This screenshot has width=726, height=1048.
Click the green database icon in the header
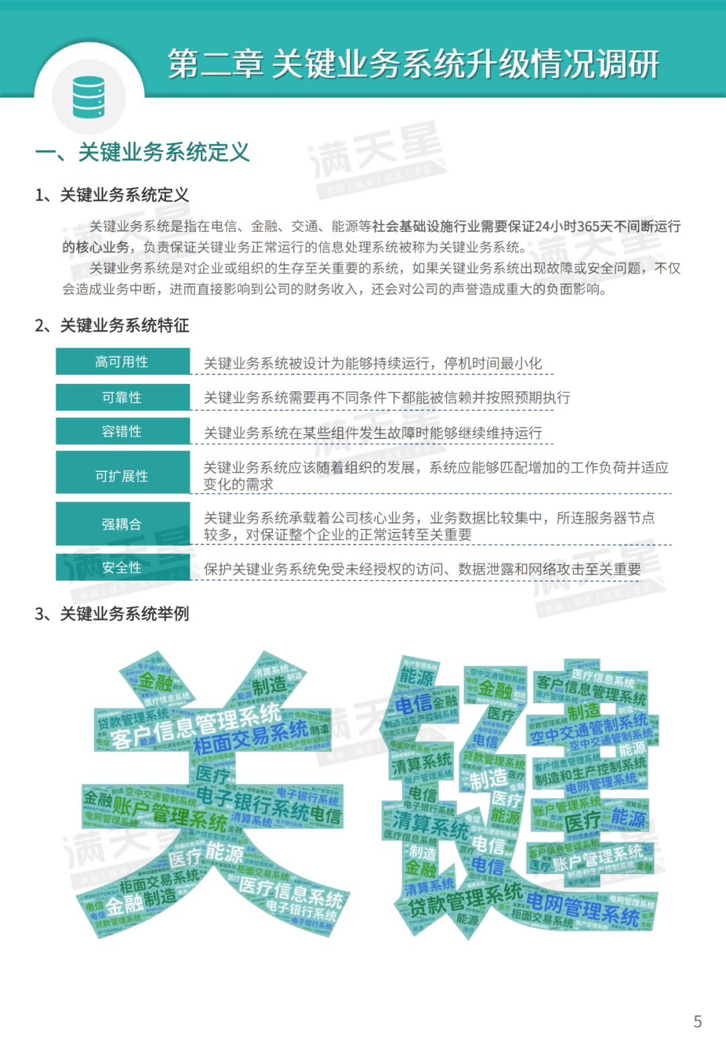[89, 97]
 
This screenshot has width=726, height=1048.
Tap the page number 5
[697, 1022]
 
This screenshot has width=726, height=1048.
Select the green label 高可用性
[122, 362]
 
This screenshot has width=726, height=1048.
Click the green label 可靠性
[122, 397]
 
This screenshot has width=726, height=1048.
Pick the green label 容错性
[122, 432]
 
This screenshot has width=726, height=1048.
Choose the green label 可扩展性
[122, 476]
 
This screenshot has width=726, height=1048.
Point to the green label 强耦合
[122, 524]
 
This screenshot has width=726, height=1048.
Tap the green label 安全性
[122, 567]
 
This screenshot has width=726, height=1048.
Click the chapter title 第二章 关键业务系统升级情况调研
[413, 65]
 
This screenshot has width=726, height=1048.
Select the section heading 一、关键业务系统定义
[143, 153]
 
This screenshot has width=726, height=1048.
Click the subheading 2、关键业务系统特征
[112, 325]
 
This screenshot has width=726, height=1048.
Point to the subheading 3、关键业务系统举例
[112, 614]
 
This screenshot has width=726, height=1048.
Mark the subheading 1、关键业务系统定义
[112, 195]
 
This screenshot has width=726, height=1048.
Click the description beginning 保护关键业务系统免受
[422, 569]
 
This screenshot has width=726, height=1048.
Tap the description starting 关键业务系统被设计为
[372, 364]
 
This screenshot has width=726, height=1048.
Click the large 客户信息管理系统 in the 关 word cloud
[195, 726]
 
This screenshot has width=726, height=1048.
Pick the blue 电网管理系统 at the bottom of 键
[582, 909]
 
